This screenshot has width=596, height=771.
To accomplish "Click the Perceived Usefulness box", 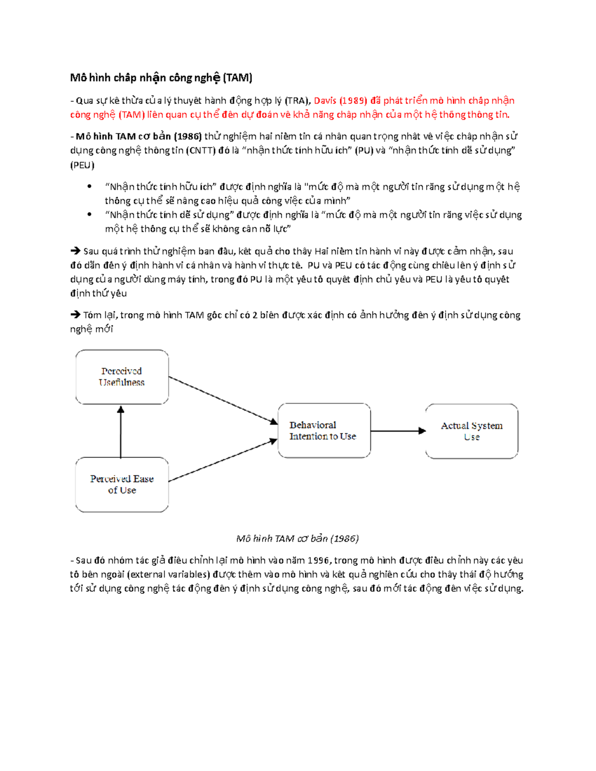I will pos(122,377).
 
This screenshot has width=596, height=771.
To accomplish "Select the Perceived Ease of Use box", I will pos(122,485).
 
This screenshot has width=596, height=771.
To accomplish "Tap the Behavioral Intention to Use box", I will pos(324,430).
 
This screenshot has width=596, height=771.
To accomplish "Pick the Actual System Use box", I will pos(471,431).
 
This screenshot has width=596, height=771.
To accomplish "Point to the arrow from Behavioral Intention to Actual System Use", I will pos(398,431).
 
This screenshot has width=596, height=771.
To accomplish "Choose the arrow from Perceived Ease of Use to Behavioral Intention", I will pos(223,460).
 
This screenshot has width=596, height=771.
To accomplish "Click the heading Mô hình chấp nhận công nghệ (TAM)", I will pos(161,78).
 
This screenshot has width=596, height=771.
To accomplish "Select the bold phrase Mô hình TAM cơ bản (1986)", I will pos(139,136).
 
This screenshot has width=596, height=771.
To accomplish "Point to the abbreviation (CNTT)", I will pos(201,150).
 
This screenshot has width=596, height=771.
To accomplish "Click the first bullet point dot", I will pos(89,187).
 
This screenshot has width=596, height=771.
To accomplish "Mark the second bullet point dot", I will pos(89,214).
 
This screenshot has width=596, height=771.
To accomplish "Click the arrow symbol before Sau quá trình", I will pos(75,251).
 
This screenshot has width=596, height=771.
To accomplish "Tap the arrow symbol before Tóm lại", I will pos(75,315).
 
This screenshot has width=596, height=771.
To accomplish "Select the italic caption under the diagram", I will pos(298,539).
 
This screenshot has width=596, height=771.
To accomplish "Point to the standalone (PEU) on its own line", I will pos(82,165).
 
